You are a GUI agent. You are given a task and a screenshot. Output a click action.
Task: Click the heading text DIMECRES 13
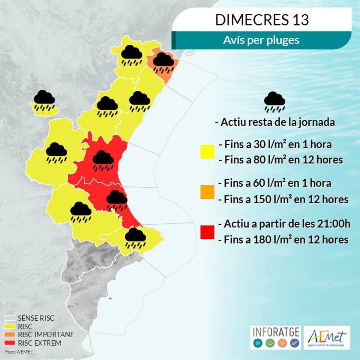click(x=262, y=20)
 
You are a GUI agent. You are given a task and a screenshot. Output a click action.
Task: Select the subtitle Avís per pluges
click(x=261, y=40)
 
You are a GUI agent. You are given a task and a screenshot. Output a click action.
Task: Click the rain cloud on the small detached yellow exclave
click(x=44, y=100)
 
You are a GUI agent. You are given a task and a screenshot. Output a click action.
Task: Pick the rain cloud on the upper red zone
click(x=103, y=161)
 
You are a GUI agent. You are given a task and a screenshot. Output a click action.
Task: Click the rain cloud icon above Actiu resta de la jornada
click(x=274, y=101)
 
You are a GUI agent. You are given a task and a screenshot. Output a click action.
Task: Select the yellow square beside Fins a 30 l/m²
click(x=207, y=151)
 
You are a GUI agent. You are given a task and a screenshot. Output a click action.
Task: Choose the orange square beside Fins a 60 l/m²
click(x=207, y=192)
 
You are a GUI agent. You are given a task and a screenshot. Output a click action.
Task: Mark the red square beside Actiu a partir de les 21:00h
click(x=207, y=232)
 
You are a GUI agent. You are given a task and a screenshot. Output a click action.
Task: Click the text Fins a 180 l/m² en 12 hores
click(x=286, y=240)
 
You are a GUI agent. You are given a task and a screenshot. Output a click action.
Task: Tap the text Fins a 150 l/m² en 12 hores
click(x=286, y=199)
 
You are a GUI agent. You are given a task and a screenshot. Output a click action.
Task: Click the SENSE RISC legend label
click(x=36, y=318)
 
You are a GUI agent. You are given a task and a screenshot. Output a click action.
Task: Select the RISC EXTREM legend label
click(x=39, y=343)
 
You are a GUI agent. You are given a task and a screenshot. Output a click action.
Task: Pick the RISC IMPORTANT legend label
click(x=46, y=334)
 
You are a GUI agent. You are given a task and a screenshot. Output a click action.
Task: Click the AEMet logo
click(x=327, y=337)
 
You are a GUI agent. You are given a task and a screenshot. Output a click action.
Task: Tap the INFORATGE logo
click(x=276, y=337)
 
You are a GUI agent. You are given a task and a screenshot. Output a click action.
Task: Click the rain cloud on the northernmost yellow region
click(x=131, y=55)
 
